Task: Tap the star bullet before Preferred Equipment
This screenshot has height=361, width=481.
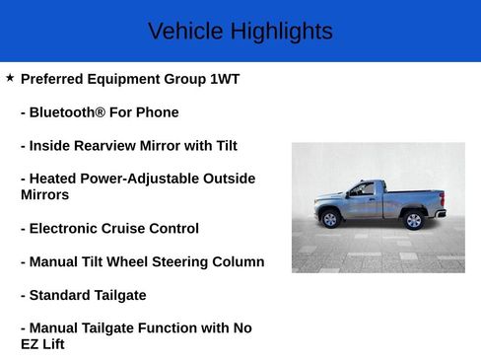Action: (10, 77)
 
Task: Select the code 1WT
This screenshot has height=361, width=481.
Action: (225, 79)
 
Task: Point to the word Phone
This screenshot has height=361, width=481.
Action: (158, 112)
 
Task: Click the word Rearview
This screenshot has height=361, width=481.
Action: (109, 146)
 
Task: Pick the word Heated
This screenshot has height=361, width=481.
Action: (55, 179)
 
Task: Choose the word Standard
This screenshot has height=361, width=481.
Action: (64, 295)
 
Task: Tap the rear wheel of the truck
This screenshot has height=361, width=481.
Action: (414, 220)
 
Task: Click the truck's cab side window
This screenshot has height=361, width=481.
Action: (365, 188)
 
